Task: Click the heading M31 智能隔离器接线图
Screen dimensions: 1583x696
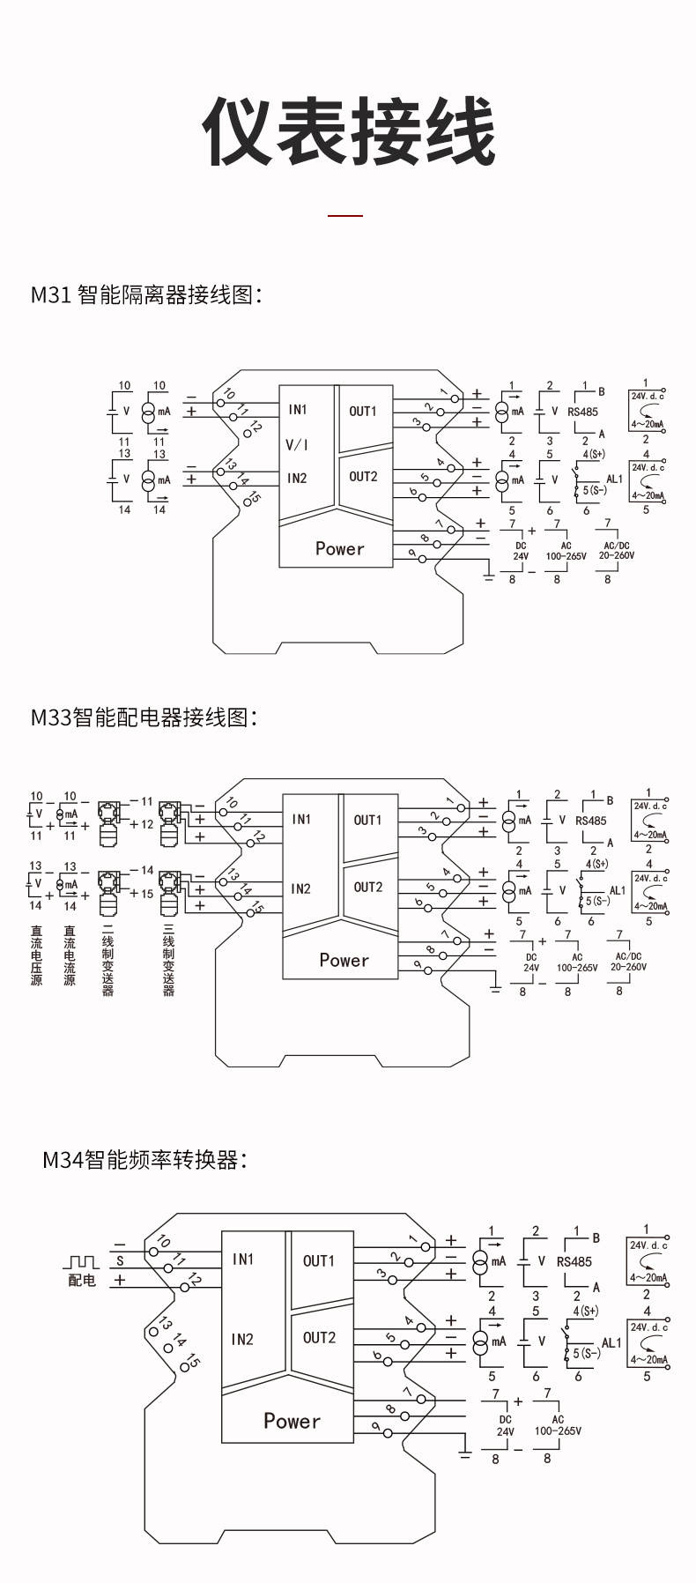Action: [146, 294]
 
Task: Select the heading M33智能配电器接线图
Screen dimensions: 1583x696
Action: [144, 717]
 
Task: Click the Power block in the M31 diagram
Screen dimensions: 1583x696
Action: [339, 548]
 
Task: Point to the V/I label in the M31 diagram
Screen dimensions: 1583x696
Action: [297, 444]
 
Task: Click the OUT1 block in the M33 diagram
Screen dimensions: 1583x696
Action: [367, 820]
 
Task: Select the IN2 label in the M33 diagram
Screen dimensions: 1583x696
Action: [300, 888]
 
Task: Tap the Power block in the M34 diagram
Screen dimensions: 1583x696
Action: [292, 1420]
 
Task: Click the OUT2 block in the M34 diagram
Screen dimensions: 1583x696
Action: [319, 1337]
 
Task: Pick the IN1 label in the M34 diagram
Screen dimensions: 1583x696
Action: [242, 1259]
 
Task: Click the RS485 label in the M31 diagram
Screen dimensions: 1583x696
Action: [582, 411]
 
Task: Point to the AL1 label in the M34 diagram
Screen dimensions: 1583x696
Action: [611, 1342]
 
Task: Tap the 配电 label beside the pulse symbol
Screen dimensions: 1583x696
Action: [82, 1280]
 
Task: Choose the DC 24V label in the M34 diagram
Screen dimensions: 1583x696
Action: [505, 1425]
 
